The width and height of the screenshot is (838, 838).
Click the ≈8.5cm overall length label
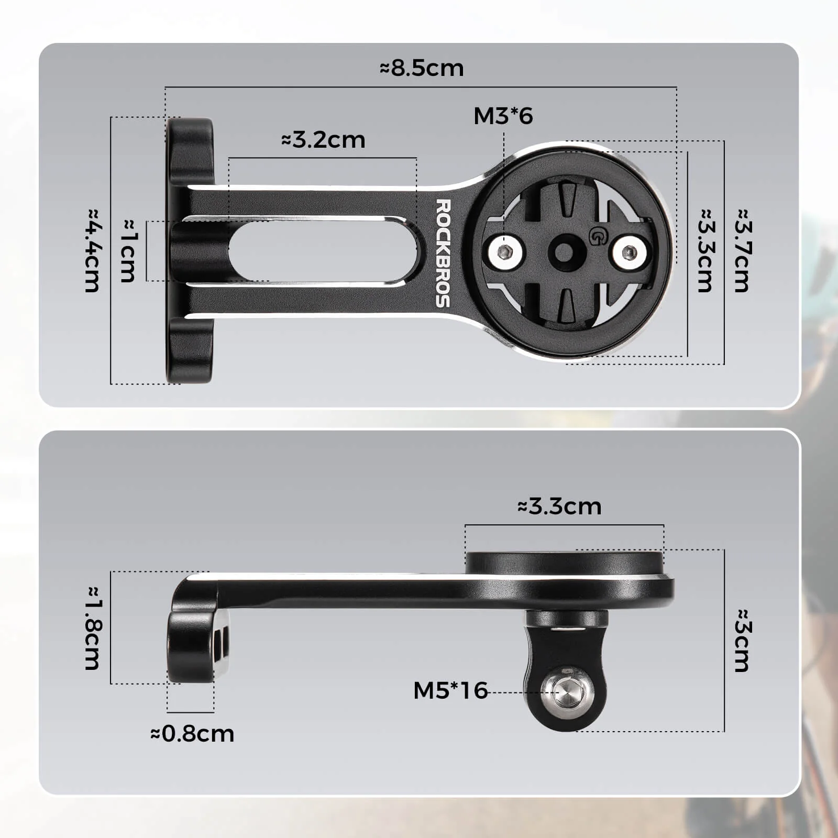click(x=422, y=69)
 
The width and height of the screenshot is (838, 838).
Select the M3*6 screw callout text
click(x=503, y=116)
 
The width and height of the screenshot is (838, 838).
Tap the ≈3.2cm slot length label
click(x=323, y=140)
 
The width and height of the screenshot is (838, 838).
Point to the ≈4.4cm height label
click(x=93, y=250)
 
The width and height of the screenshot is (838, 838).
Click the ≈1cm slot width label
click(x=128, y=251)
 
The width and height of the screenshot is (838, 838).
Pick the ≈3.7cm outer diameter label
click(x=743, y=250)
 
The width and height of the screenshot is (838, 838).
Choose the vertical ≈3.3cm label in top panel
click(x=706, y=250)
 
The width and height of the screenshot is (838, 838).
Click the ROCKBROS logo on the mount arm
click(x=443, y=253)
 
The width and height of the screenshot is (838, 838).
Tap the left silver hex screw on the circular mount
click(x=505, y=253)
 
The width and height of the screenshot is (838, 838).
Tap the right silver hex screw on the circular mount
click(x=629, y=253)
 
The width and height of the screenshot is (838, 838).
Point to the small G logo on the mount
click(x=597, y=237)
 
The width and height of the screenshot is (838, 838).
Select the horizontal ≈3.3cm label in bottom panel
click(x=559, y=506)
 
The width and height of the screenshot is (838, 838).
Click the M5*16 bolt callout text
click(x=450, y=690)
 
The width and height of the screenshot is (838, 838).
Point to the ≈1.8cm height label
click(x=93, y=627)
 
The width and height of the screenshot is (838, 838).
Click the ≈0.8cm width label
click(x=192, y=734)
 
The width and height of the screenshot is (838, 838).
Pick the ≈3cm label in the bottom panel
click(x=743, y=640)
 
